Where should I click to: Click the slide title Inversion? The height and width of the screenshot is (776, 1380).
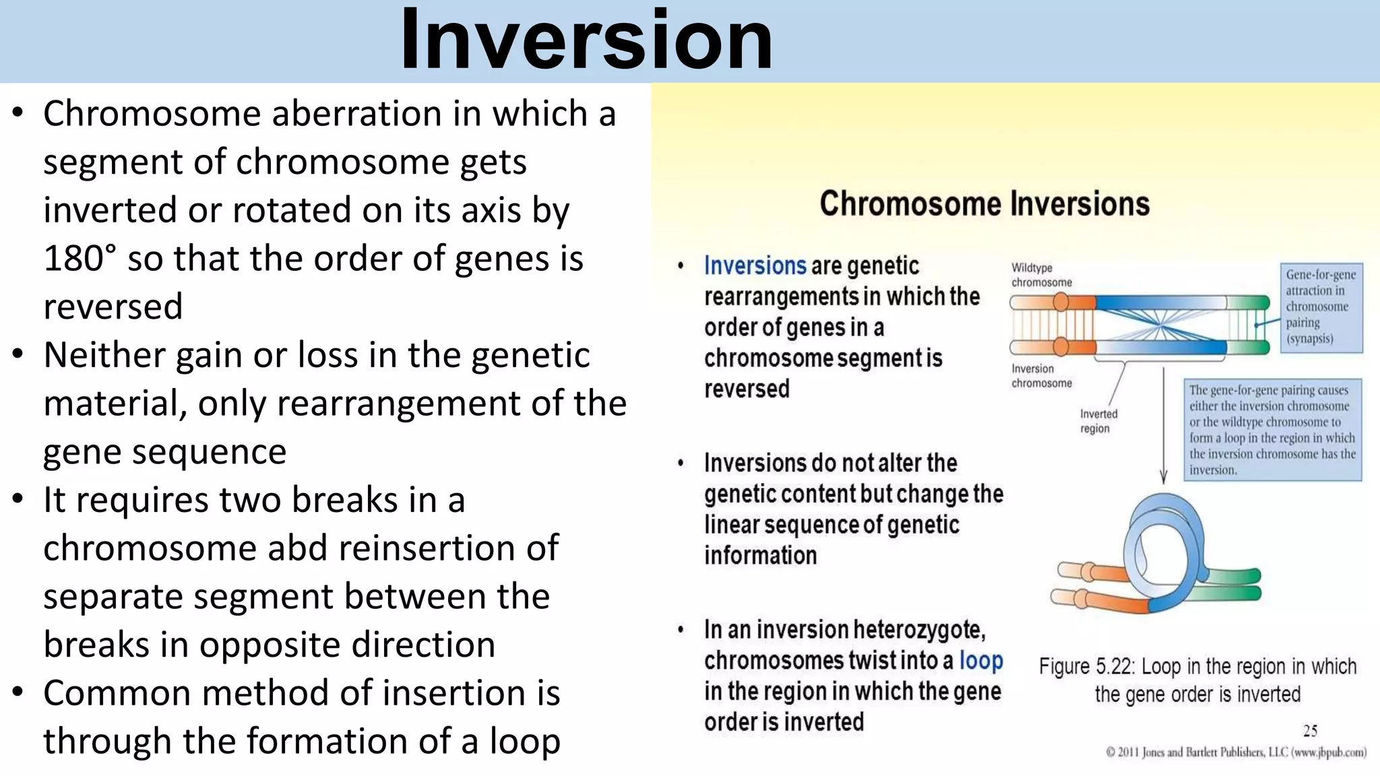[586, 40]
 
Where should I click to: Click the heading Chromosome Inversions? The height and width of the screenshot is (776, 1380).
[984, 203]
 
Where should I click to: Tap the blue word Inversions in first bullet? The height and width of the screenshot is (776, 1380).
[755, 265]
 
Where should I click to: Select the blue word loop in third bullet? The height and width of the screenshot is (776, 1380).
[981, 660]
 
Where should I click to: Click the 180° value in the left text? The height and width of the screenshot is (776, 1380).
[80, 259]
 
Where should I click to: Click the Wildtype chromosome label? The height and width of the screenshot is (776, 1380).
[1041, 275]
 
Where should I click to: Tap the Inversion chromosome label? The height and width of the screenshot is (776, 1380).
[1041, 376]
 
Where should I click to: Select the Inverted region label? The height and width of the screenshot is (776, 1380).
[1098, 421]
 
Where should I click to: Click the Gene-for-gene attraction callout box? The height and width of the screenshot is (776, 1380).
[1321, 307]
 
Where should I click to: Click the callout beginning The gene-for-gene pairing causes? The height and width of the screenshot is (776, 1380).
[1272, 430]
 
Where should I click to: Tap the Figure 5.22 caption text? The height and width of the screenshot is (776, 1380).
[1197, 680]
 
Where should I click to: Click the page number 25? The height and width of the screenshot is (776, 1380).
[1310, 731]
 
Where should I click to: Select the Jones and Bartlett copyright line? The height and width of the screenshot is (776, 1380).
[1236, 752]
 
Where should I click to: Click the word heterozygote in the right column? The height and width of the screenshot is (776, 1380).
[919, 630]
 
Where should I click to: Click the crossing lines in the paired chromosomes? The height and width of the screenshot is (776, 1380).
[1160, 325]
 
